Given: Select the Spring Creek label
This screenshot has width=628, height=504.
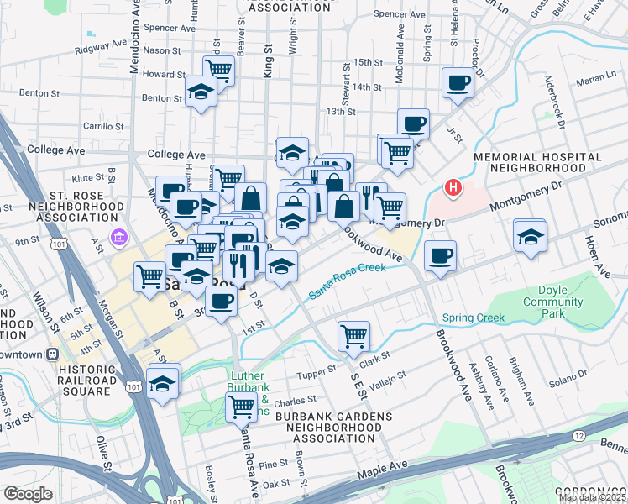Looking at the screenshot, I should (474, 318).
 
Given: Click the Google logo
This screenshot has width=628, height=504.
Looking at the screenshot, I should (28, 493).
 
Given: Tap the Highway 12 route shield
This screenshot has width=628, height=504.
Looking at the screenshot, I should (579, 436).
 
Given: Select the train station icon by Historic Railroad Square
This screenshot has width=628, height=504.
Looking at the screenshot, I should (53, 354).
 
